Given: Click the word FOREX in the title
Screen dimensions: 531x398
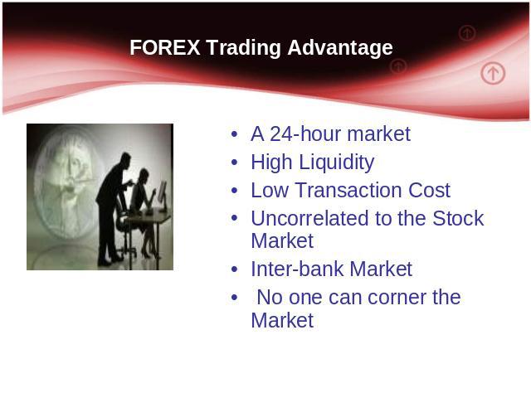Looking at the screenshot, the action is click(x=165, y=47).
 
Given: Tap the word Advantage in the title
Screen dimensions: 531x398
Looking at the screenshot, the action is click(x=340, y=48).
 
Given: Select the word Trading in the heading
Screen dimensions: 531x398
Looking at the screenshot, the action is click(x=243, y=48).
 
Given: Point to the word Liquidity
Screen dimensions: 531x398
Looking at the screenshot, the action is click(x=337, y=163).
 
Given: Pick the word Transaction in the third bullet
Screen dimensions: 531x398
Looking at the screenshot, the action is click(x=348, y=190).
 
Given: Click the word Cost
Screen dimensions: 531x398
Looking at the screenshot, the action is click(x=430, y=190).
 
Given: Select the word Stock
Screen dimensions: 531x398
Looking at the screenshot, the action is click(x=458, y=218).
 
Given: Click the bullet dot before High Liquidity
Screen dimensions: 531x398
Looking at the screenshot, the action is click(x=234, y=163).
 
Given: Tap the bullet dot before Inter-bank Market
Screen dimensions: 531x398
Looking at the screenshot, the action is click(x=234, y=269).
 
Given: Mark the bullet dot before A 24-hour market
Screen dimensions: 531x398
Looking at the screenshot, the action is click(x=234, y=134).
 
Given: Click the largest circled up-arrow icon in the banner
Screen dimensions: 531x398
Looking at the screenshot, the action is click(x=493, y=73).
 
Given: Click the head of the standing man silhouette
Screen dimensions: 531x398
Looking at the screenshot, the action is click(x=125, y=159).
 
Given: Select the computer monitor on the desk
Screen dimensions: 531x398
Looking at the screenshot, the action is click(x=163, y=196).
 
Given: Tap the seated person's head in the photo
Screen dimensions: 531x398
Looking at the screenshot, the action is click(x=144, y=175).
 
